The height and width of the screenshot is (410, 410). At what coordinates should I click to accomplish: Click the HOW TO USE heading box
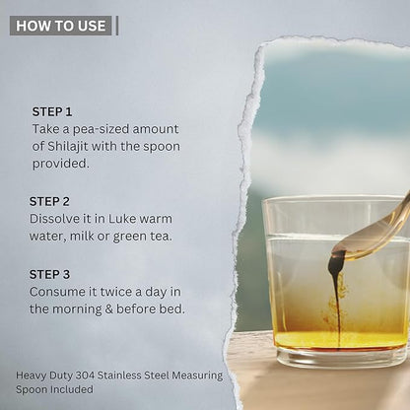[x=61, y=26]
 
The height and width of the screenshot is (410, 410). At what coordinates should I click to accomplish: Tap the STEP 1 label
[x=52, y=112]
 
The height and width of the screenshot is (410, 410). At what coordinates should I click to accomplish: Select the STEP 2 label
[x=49, y=201]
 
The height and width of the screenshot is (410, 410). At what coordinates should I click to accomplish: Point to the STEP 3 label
[x=49, y=274]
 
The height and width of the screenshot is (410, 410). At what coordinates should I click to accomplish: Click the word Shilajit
[x=68, y=146]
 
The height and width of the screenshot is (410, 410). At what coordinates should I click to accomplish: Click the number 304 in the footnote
[x=85, y=376]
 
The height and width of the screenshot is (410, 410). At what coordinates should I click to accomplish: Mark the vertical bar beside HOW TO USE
[x=117, y=26]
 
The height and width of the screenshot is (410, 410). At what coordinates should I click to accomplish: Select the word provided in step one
[x=60, y=164]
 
